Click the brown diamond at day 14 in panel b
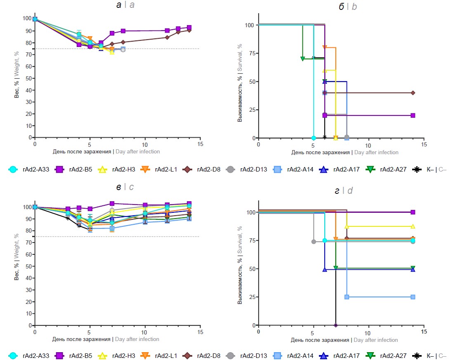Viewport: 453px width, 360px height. click(413, 93)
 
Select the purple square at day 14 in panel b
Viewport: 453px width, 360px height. click(413, 115)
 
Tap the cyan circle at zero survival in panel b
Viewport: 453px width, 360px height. click(314, 138)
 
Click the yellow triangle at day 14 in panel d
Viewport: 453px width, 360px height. click(413, 226)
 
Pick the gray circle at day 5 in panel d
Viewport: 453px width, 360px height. click(314, 242)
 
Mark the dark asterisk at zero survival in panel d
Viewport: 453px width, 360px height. click(336, 325)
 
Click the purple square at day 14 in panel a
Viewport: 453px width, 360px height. click(189, 28)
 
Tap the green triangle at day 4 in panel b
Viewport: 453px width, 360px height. click(302, 59)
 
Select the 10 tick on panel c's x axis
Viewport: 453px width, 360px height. click(145, 332)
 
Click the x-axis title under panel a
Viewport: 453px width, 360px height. click(106, 151)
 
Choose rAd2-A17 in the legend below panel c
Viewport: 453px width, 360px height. click(342, 355)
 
